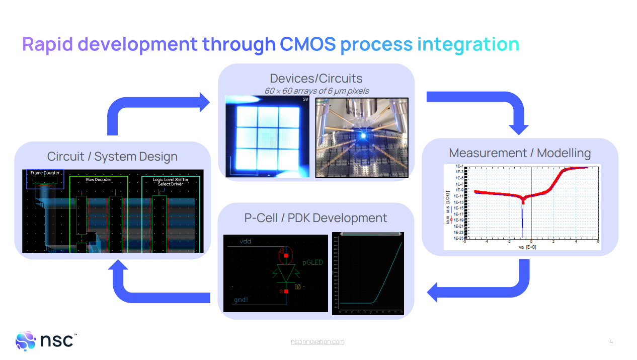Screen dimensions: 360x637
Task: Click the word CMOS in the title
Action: (x=307, y=44)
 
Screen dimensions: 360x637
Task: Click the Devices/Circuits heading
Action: (x=316, y=78)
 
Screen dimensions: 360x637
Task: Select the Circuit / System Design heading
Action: (x=112, y=156)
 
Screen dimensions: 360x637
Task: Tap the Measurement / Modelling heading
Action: (x=520, y=153)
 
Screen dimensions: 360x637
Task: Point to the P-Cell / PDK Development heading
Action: (x=315, y=218)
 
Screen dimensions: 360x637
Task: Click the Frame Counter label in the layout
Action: (x=45, y=173)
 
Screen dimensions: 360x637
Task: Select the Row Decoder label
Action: (x=99, y=179)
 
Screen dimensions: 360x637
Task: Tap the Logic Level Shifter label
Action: (x=171, y=179)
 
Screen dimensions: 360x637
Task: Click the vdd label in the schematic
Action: (x=245, y=241)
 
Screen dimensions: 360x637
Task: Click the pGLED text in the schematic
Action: (x=312, y=262)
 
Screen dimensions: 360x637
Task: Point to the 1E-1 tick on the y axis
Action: (x=459, y=166)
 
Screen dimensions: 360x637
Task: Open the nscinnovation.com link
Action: (x=317, y=341)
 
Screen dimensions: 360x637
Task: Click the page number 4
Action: (x=611, y=341)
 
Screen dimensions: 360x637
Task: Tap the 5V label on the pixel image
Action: (x=305, y=100)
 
